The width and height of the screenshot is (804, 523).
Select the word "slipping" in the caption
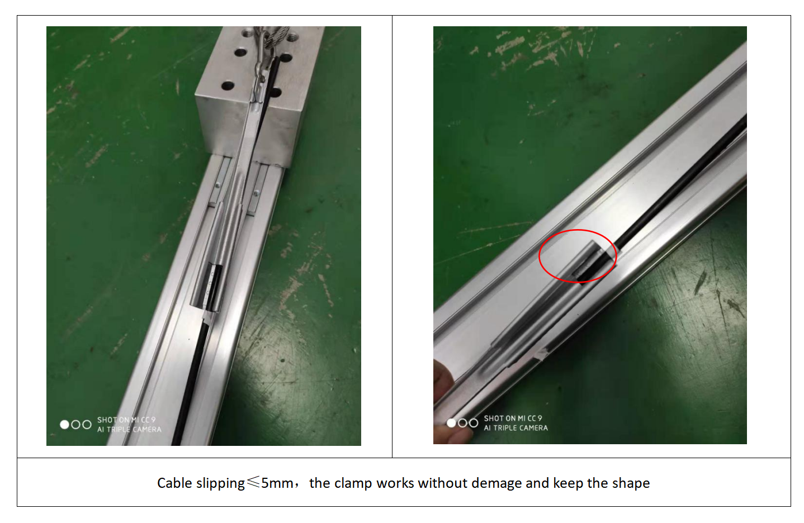coord(220,484)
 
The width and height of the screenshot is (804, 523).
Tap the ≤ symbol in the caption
coord(253,482)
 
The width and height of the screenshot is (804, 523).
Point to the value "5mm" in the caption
coord(277,483)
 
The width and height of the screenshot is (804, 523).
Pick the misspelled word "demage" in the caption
coord(496,484)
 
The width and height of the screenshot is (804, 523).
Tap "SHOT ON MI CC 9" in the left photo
coord(126,420)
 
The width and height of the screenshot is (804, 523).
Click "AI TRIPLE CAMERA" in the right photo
coord(516,428)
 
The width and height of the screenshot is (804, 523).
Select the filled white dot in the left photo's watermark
coord(65,424)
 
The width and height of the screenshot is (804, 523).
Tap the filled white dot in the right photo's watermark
coord(451,423)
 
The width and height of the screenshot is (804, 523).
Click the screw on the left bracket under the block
coord(217,185)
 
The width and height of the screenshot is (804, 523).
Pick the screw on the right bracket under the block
coord(256,194)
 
